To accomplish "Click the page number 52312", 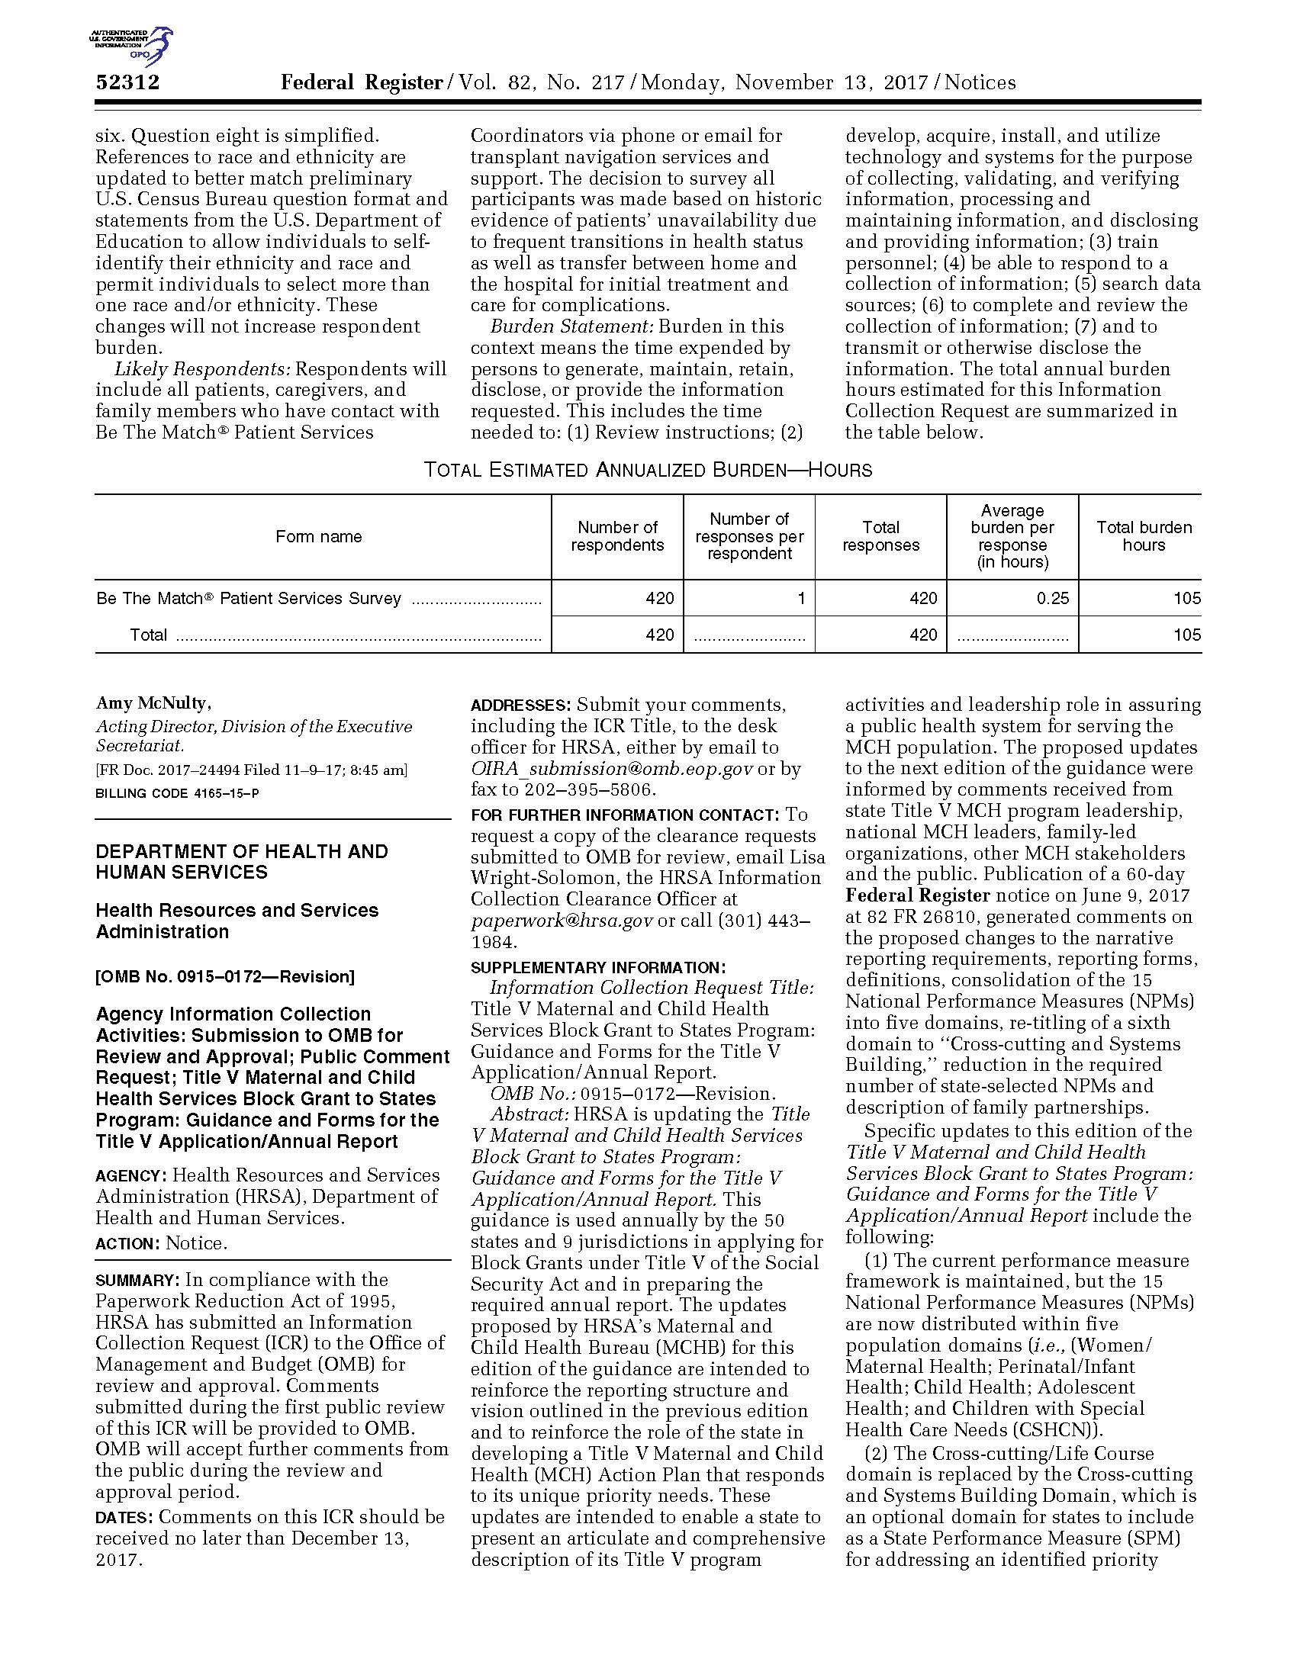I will coord(127,82).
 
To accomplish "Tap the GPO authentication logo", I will coord(130,44).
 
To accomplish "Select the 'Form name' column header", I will coord(319,536).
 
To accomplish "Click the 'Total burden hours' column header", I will coord(1144,536).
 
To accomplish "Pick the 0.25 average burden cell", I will coord(1052,599).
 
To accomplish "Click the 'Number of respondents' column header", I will coord(617,536).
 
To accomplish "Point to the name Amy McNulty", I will coord(153,703).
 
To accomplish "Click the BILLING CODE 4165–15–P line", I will coord(177,793).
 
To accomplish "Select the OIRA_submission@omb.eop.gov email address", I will coord(612,769).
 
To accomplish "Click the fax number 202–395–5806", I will coord(587,790).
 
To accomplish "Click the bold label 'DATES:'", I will coord(124,1517).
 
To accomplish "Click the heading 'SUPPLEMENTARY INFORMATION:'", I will coord(598,968).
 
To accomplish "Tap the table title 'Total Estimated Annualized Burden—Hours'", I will coord(648,470).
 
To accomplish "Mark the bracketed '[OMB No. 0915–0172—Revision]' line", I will coord(225,977).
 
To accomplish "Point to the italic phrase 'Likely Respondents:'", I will coord(202,370).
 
